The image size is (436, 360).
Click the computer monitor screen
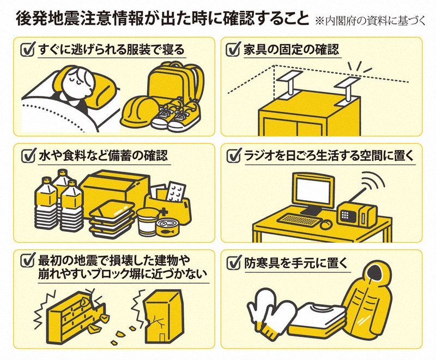(313, 191)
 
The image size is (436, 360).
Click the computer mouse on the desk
(326, 224)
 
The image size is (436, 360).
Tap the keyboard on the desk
(299, 220)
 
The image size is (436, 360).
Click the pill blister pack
(175, 192)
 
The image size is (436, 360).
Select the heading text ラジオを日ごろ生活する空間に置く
(330, 155)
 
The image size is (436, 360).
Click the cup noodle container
(146, 221)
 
